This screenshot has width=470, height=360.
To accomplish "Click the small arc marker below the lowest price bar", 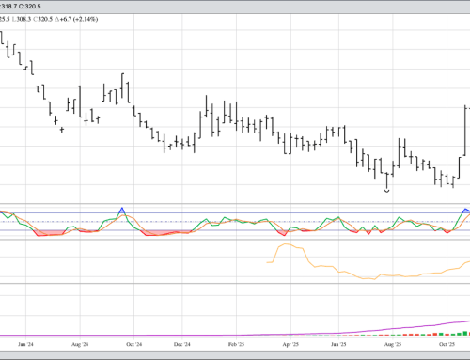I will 387,190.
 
